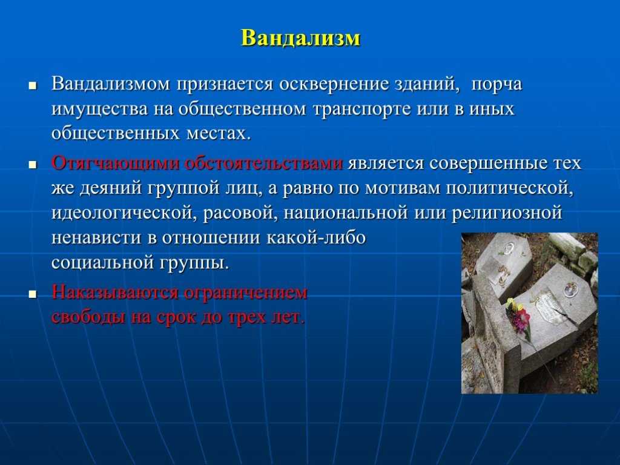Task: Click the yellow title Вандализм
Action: [301, 38]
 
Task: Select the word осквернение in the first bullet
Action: [334, 84]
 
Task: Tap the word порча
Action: [496, 85]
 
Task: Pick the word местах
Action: [219, 134]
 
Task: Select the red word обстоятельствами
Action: [264, 163]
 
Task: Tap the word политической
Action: [510, 188]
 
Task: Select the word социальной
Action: [102, 263]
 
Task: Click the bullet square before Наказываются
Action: [33, 295]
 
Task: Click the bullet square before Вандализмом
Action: [33, 86]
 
